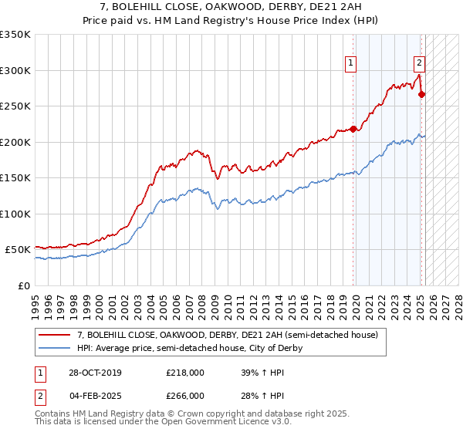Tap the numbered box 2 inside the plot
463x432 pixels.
(x=418, y=64)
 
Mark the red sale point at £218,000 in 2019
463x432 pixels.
(x=353, y=129)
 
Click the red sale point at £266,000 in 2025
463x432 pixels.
(x=422, y=95)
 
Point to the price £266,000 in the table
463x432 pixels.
(x=184, y=395)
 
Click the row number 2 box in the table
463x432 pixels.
(x=40, y=395)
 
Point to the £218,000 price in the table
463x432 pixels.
(x=184, y=373)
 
